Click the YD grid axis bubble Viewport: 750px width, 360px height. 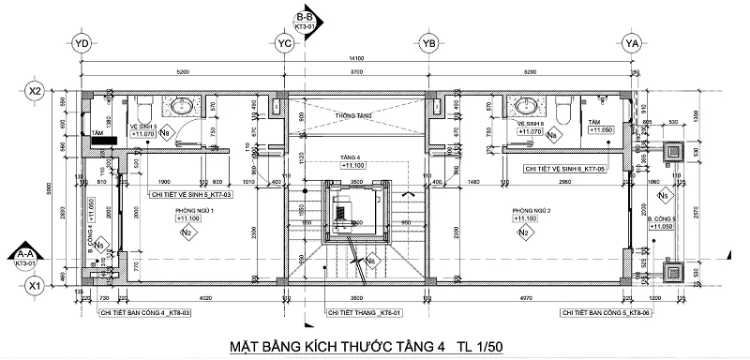[81, 43]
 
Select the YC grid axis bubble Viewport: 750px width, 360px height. [284, 43]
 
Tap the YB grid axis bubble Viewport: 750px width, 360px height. [429, 43]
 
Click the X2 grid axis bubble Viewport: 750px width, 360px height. [36, 91]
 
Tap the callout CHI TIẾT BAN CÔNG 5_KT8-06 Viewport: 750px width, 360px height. [593, 311]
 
